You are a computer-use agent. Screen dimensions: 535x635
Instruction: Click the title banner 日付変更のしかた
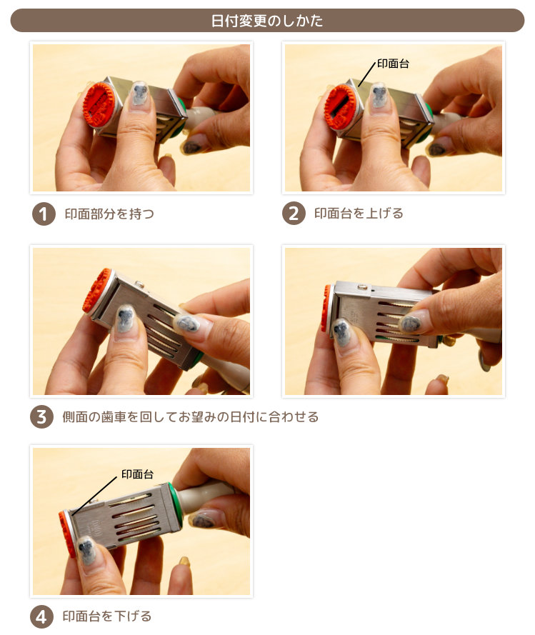pos(267,21)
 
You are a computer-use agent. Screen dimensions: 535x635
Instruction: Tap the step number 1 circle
pos(44,214)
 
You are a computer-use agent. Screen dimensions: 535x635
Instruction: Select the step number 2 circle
pos(294,214)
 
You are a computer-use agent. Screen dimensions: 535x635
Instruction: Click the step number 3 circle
pos(41,416)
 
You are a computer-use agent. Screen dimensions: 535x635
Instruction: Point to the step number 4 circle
pos(41,616)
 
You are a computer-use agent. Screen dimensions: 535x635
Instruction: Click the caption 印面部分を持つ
pos(109,214)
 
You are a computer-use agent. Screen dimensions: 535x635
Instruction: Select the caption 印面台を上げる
pos(359,214)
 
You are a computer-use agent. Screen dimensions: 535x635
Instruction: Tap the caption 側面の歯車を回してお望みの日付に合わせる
pos(190,416)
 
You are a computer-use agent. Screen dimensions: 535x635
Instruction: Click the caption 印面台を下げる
pos(107,616)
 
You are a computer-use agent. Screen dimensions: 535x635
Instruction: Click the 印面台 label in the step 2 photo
pos(393,64)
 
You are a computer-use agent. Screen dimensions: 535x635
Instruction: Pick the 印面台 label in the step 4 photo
pos(137,474)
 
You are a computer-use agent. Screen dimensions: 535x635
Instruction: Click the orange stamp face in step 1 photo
pos(99,105)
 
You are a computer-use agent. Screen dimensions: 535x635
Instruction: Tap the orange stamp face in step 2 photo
pos(340,107)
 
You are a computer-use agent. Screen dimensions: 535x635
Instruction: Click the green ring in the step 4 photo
pos(176,504)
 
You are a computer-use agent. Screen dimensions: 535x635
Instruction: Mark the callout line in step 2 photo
pos(367,74)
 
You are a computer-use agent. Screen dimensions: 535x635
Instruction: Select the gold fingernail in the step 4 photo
pos(185,561)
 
